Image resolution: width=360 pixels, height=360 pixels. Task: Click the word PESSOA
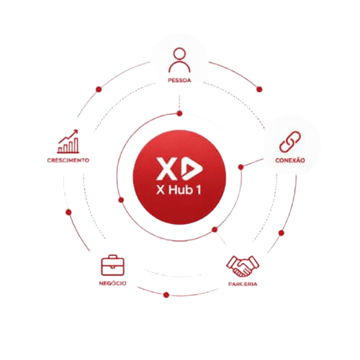[179, 81]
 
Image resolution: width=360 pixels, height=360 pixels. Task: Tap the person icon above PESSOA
[179, 60]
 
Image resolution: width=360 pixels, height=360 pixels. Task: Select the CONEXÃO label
[290, 160]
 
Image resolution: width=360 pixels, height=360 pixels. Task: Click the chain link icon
[290, 142]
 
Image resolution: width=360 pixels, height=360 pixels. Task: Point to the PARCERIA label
[243, 284]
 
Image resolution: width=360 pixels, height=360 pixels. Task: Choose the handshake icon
[243, 266]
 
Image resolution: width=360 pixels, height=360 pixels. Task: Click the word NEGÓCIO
[113, 283]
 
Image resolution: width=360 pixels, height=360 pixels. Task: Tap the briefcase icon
[112, 265]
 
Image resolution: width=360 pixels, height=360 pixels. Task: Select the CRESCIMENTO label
[68, 161]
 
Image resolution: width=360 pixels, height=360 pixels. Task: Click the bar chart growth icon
[68, 142]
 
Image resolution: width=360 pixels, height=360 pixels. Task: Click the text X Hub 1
[179, 190]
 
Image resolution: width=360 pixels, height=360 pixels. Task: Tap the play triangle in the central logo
[192, 168]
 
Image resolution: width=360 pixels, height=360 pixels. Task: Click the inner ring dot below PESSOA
[179, 114]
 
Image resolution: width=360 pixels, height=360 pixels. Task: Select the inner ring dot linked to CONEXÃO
[241, 167]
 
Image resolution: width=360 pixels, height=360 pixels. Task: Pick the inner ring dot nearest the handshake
[215, 230]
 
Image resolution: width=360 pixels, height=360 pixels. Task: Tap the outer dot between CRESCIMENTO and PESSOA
[99, 89]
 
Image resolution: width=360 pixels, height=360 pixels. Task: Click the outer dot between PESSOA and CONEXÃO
[259, 89]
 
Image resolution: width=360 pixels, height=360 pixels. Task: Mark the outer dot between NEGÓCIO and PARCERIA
[166, 295]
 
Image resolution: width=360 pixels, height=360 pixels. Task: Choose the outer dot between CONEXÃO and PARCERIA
[282, 233]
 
